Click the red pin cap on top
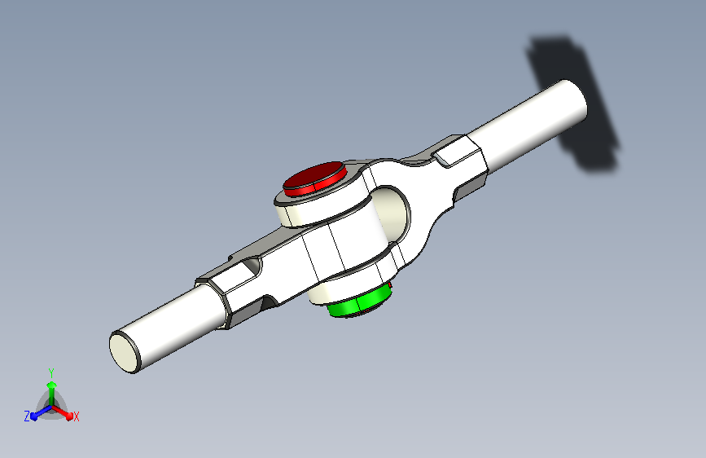click(x=315, y=178)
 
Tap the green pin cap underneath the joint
click(x=358, y=302)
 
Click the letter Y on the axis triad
click(x=51, y=373)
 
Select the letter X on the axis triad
click(x=76, y=416)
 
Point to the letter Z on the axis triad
click(x=27, y=416)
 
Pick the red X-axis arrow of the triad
click(x=63, y=412)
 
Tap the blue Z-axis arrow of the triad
click(x=41, y=412)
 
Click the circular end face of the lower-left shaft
click(x=125, y=352)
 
